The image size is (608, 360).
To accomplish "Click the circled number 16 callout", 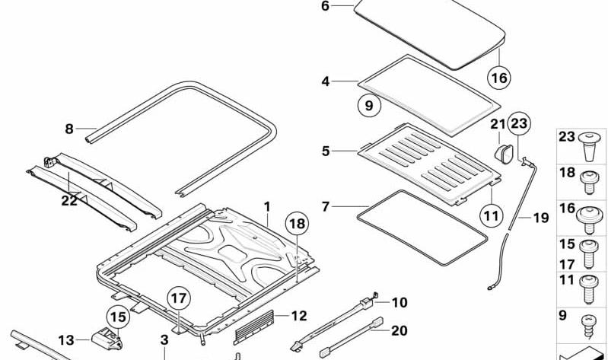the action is point(499,78).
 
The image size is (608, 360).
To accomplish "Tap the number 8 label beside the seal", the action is point(69,129).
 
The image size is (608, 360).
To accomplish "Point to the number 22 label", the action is point(69,201).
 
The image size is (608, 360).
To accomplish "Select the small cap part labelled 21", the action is point(503,153).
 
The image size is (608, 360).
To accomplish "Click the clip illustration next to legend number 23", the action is point(590,146).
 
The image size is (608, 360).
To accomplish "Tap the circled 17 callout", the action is point(179,298).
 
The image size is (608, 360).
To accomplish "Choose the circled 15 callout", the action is point(118,317).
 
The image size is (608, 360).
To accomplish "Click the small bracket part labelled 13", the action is point(107,339).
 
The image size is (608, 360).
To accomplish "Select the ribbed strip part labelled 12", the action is point(254,327).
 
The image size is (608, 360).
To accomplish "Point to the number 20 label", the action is point(399,331).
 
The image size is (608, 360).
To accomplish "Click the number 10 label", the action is point(399,303).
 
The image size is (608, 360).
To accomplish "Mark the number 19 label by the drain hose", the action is point(541,218).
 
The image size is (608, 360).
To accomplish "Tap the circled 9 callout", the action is point(369,105).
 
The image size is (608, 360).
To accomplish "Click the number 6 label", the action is point(325,6).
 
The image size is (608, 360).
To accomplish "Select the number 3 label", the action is point(164,340).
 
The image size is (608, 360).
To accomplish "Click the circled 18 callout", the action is point(297,224).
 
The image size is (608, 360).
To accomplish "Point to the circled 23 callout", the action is point(519,123).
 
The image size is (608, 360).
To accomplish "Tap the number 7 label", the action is point(326,207).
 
